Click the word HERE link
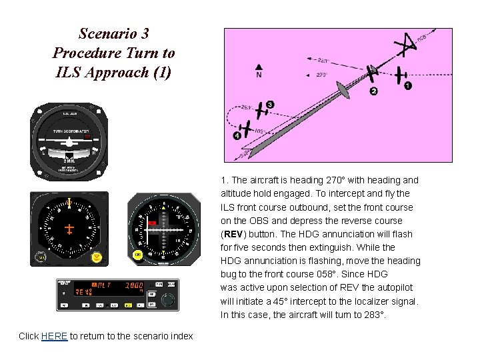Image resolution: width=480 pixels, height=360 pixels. point(54,336)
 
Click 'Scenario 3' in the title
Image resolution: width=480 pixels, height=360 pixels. point(113,33)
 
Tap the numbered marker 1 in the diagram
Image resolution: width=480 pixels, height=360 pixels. point(408,85)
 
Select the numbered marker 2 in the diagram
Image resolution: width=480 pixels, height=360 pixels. point(373,91)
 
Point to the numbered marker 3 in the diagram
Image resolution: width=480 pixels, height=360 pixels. point(269,104)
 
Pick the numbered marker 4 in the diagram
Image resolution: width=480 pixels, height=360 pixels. point(237,135)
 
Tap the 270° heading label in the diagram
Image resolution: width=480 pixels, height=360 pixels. point(321,75)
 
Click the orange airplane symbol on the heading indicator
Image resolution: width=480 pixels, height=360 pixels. point(69,229)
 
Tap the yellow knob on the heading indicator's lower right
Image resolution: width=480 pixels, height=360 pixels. point(97,256)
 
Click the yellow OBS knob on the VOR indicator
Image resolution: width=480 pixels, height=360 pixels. point(138,254)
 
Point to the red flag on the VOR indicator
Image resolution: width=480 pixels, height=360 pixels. point(152,222)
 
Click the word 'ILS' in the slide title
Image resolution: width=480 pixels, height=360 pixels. point(65,72)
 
